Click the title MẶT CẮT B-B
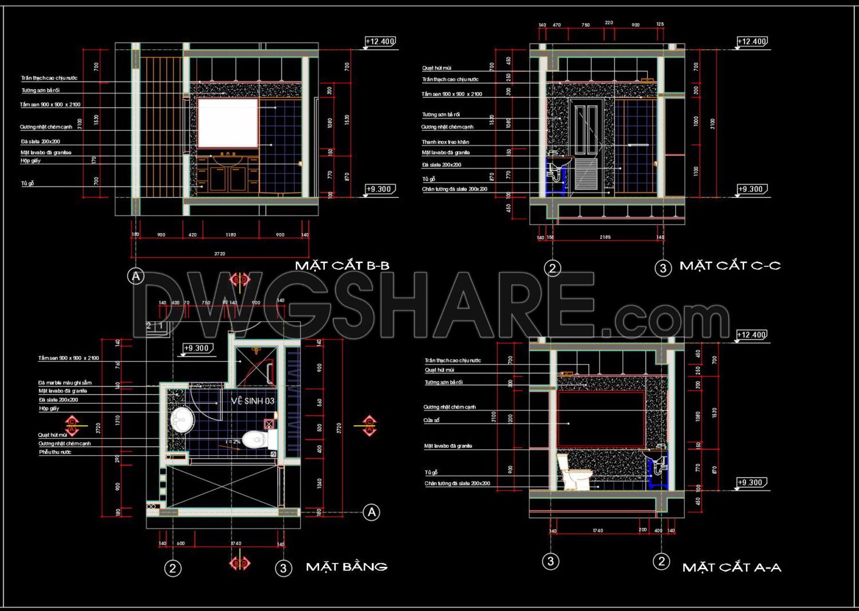(x=342, y=265)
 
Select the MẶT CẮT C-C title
(x=730, y=266)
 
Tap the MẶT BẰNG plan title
(x=346, y=566)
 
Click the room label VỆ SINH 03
(x=253, y=401)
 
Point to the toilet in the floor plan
(x=257, y=440)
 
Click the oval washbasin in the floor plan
(x=182, y=420)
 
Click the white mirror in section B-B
(x=227, y=123)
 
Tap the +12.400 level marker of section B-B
(x=380, y=41)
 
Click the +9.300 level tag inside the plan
(x=197, y=348)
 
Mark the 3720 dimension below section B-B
(x=219, y=254)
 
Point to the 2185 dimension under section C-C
(x=605, y=237)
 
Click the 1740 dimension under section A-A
(x=597, y=530)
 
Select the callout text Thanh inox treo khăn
(x=445, y=142)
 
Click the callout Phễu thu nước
(x=55, y=452)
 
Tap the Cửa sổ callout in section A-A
(x=431, y=420)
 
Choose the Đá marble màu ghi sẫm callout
(x=65, y=383)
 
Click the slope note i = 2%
(x=233, y=442)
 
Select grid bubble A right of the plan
(x=372, y=512)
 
